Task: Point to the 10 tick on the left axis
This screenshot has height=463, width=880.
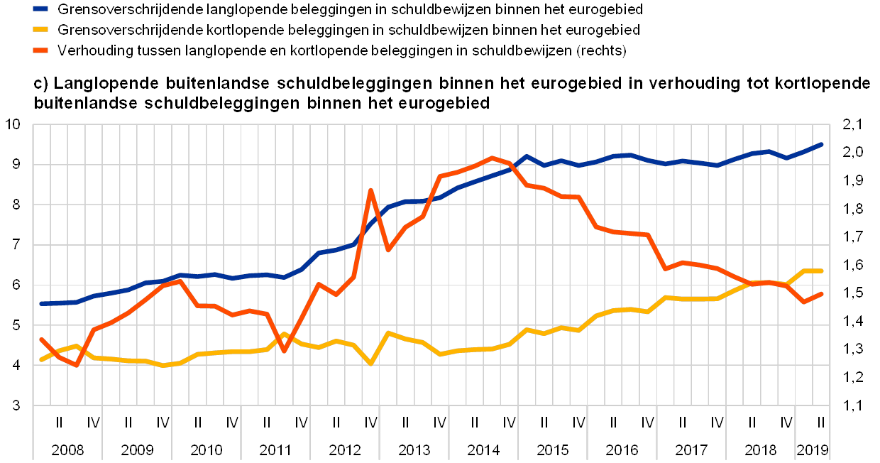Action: [18, 125]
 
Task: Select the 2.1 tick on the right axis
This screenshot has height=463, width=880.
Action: [849, 125]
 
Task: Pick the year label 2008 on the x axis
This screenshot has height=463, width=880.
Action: [67, 450]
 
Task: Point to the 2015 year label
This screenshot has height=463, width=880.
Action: [553, 450]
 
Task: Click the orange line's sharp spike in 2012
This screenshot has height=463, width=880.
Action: [370, 190]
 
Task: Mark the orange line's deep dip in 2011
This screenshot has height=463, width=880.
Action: [284, 351]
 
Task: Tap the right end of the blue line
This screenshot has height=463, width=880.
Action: [821, 144]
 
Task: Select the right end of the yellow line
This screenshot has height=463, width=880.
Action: [821, 271]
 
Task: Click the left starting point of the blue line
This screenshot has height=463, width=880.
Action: [41, 303]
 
